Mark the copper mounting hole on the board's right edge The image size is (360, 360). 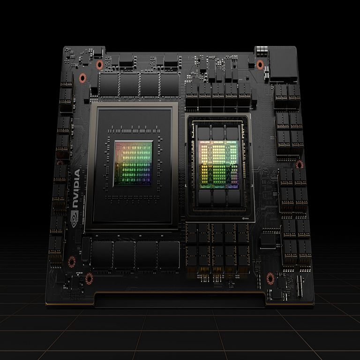[300, 164]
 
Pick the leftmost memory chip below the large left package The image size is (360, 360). [101, 254]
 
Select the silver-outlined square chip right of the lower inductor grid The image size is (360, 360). [268, 240]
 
